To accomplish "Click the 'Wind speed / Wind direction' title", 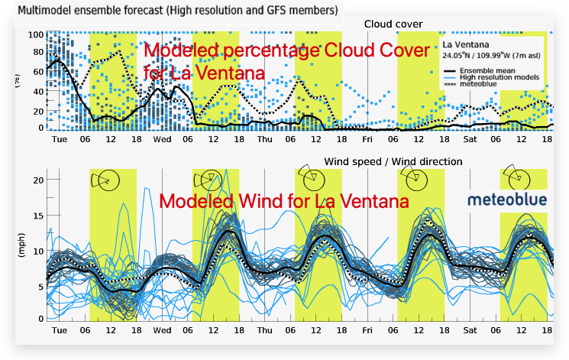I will [x=393, y=161].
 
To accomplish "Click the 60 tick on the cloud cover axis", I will [x=36, y=73].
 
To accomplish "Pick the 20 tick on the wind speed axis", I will [x=35, y=180].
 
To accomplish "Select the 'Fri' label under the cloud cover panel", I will [x=367, y=139].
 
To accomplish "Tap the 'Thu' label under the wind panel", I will [x=264, y=331].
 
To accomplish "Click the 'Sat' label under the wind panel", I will [x=470, y=331].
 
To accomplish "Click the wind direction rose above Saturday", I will [x=512, y=177].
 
